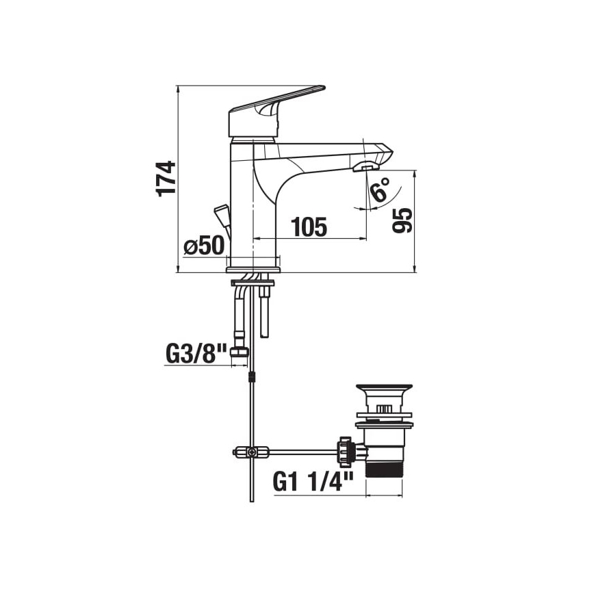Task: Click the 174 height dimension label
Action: (166, 179)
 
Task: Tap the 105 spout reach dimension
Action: (309, 227)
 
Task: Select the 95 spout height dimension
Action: (402, 220)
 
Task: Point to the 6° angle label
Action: (380, 190)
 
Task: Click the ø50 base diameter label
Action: (204, 246)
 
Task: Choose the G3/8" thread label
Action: (196, 353)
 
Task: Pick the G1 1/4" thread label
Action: (313, 482)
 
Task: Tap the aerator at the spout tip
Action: (366, 167)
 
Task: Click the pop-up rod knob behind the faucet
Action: (222, 214)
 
